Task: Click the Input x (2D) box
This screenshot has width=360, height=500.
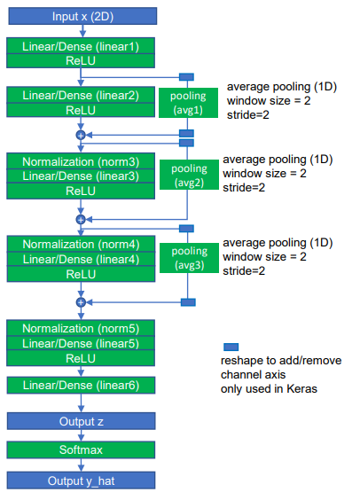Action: pyautogui.click(x=81, y=15)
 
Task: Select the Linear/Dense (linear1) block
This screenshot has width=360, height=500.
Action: pyautogui.click(x=81, y=45)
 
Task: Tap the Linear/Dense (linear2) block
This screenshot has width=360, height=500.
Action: pyautogui.click(x=81, y=95)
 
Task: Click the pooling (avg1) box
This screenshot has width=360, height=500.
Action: pyautogui.click(x=187, y=102)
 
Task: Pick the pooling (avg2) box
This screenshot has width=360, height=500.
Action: pyautogui.click(x=187, y=175)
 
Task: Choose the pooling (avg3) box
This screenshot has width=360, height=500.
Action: pyautogui.click(x=187, y=258)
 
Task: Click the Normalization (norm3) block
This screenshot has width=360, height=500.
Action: pyautogui.click(x=81, y=160)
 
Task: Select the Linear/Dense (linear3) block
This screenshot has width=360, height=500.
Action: pyautogui.click(x=81, y=176)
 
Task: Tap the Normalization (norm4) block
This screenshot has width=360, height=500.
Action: pyautogui.click(x=81, y=244)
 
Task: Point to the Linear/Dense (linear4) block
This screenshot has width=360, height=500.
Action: pyautogui.click(x=81, y=259)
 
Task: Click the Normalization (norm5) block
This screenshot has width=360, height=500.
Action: pyautogui.click(x=81, y=328)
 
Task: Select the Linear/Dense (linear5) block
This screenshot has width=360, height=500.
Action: pyautogui.click(x=81, y=343)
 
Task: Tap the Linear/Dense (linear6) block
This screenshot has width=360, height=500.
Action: pyautogui.click(x=81, y=385)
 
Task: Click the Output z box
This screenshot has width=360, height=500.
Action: pyautogui.click(x=81, y=420)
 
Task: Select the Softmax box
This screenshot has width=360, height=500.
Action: pyautogui.click(x=81, y=450)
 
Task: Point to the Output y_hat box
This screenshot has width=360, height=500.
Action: pyautogui.click(x=81, y=480)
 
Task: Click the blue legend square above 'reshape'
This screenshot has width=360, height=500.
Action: pyautogui.click(x=230, y=348)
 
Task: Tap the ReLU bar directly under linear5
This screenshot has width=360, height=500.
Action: pyautogui.click(x=81, y=357)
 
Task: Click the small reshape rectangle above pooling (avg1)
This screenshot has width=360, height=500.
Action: pyautogui.click(x=187, y=77)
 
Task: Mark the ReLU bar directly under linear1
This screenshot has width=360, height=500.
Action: pyautogui.click(x=81, y=60)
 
